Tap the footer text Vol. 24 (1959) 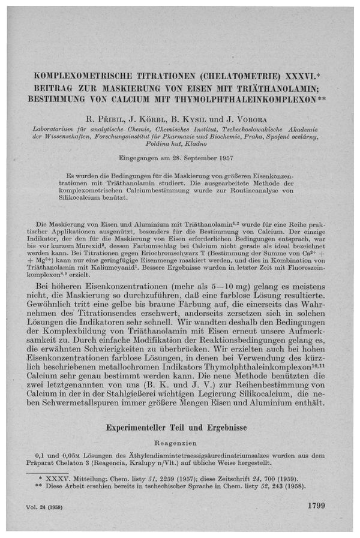coord(48,507)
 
